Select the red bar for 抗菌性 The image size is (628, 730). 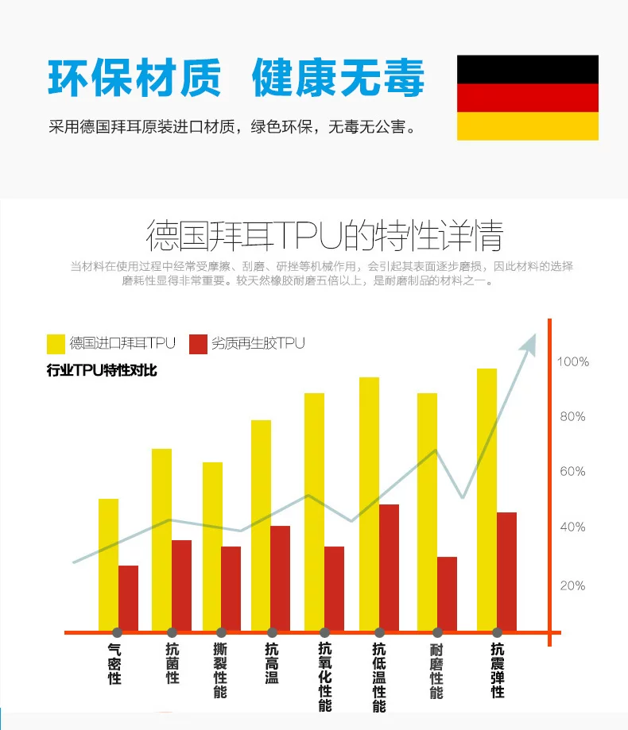click(181, 585)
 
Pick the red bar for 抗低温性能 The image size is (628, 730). click(389, 567)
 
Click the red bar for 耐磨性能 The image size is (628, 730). click(447, 593)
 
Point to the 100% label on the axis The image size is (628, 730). click(572, 362)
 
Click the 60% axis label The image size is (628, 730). click(572, 472)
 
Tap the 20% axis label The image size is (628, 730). click(572, 586)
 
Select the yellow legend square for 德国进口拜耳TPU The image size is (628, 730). click(56, 344)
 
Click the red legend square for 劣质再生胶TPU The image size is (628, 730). click(198, 344)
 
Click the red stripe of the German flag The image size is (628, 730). click(527, 98)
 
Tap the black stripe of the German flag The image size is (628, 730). click(527, 69)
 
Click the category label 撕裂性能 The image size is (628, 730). click(220, 670)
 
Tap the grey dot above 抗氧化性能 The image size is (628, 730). click(324, 632)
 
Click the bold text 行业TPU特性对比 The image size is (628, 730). click(102, 371)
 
